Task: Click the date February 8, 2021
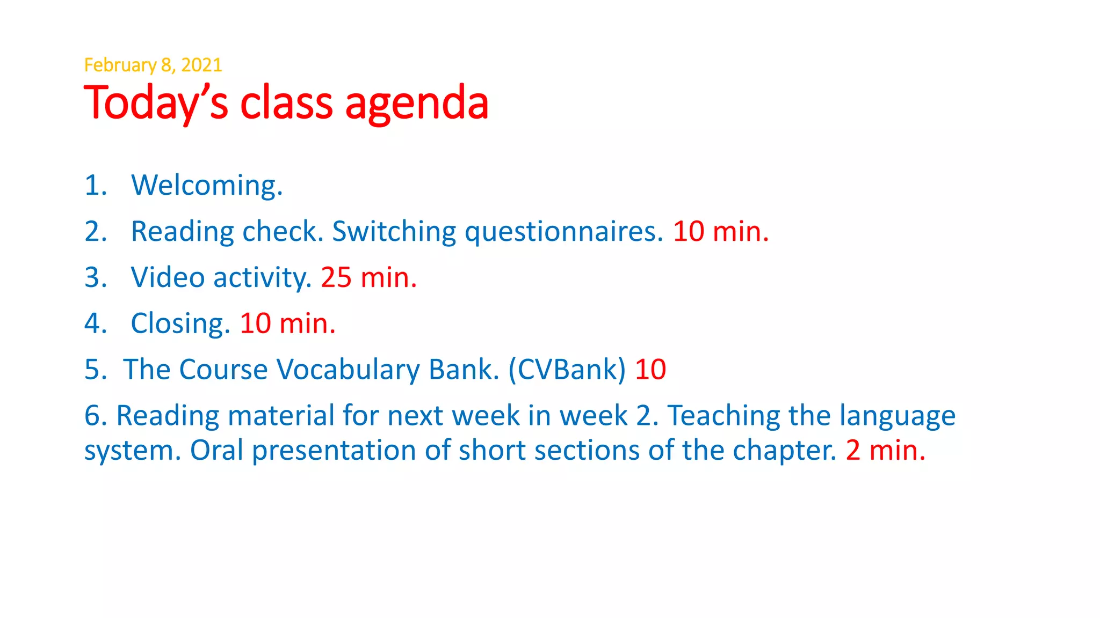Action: (153, 65)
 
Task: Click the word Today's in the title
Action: (156, 103)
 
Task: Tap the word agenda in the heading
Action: (417, 103)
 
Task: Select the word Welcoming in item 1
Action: (207, 186)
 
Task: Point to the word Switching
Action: (394, 232)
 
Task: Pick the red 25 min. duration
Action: (368, 278)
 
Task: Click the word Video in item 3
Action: (168, 278)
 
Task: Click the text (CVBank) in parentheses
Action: (567, 370)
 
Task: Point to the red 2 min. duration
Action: (886, 450)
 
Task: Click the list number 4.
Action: (96, 324)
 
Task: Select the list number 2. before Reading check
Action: (96, 232)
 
